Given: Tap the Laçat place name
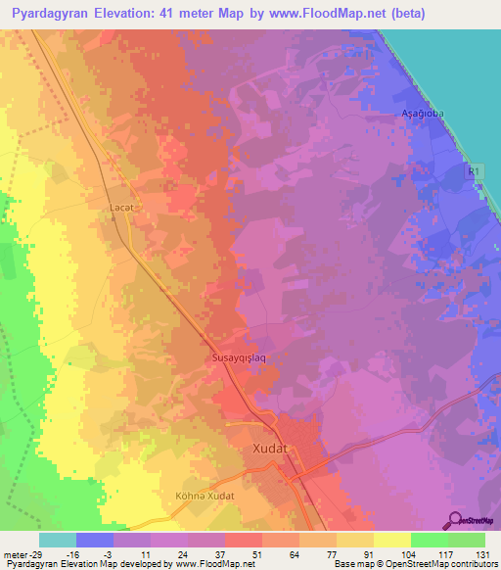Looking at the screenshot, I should (120, 208).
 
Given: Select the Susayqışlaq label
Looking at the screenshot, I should (239, 358).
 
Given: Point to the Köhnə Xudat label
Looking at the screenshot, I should (205, 497).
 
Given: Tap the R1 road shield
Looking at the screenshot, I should (474, 169).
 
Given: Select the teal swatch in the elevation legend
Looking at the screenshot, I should (58, 540).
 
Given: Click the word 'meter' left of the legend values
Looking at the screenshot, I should (17, 554).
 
